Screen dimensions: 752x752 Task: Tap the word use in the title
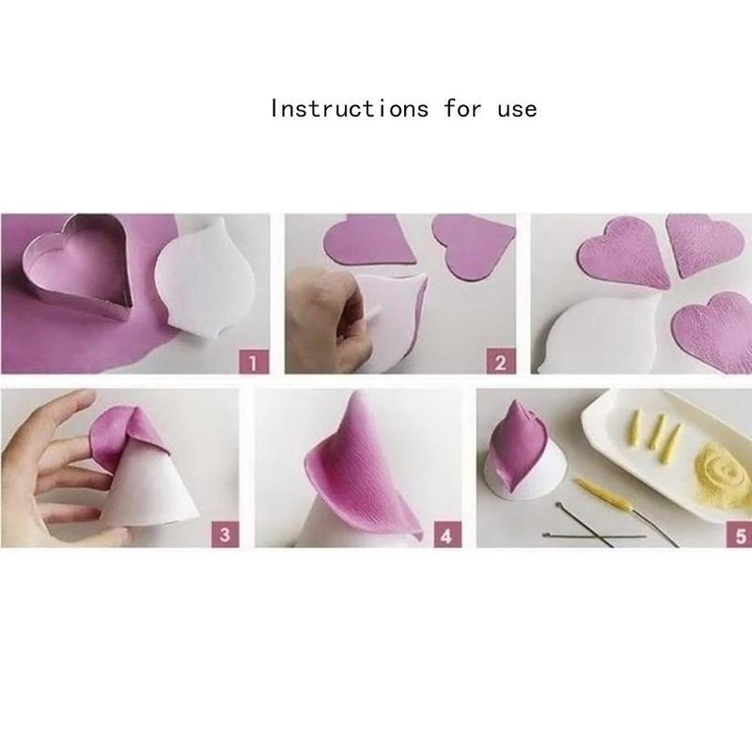pos(516,108)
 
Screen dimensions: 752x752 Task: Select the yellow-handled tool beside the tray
pos(607,493)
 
